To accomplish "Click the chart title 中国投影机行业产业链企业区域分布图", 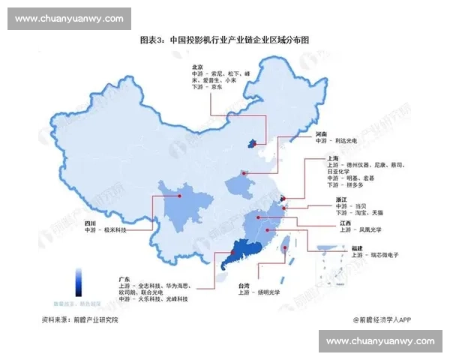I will click(x=225, y=40).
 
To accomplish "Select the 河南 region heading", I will click(x=322, y=133).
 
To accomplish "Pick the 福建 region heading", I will click(x=358, y=248).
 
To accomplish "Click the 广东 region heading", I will click(x=124, y=279).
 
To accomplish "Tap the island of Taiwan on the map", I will click(x=286, y=247).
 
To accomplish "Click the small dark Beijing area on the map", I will click(x=253, y=142).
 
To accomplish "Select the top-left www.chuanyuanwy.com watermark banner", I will click(x=69, y=18).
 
